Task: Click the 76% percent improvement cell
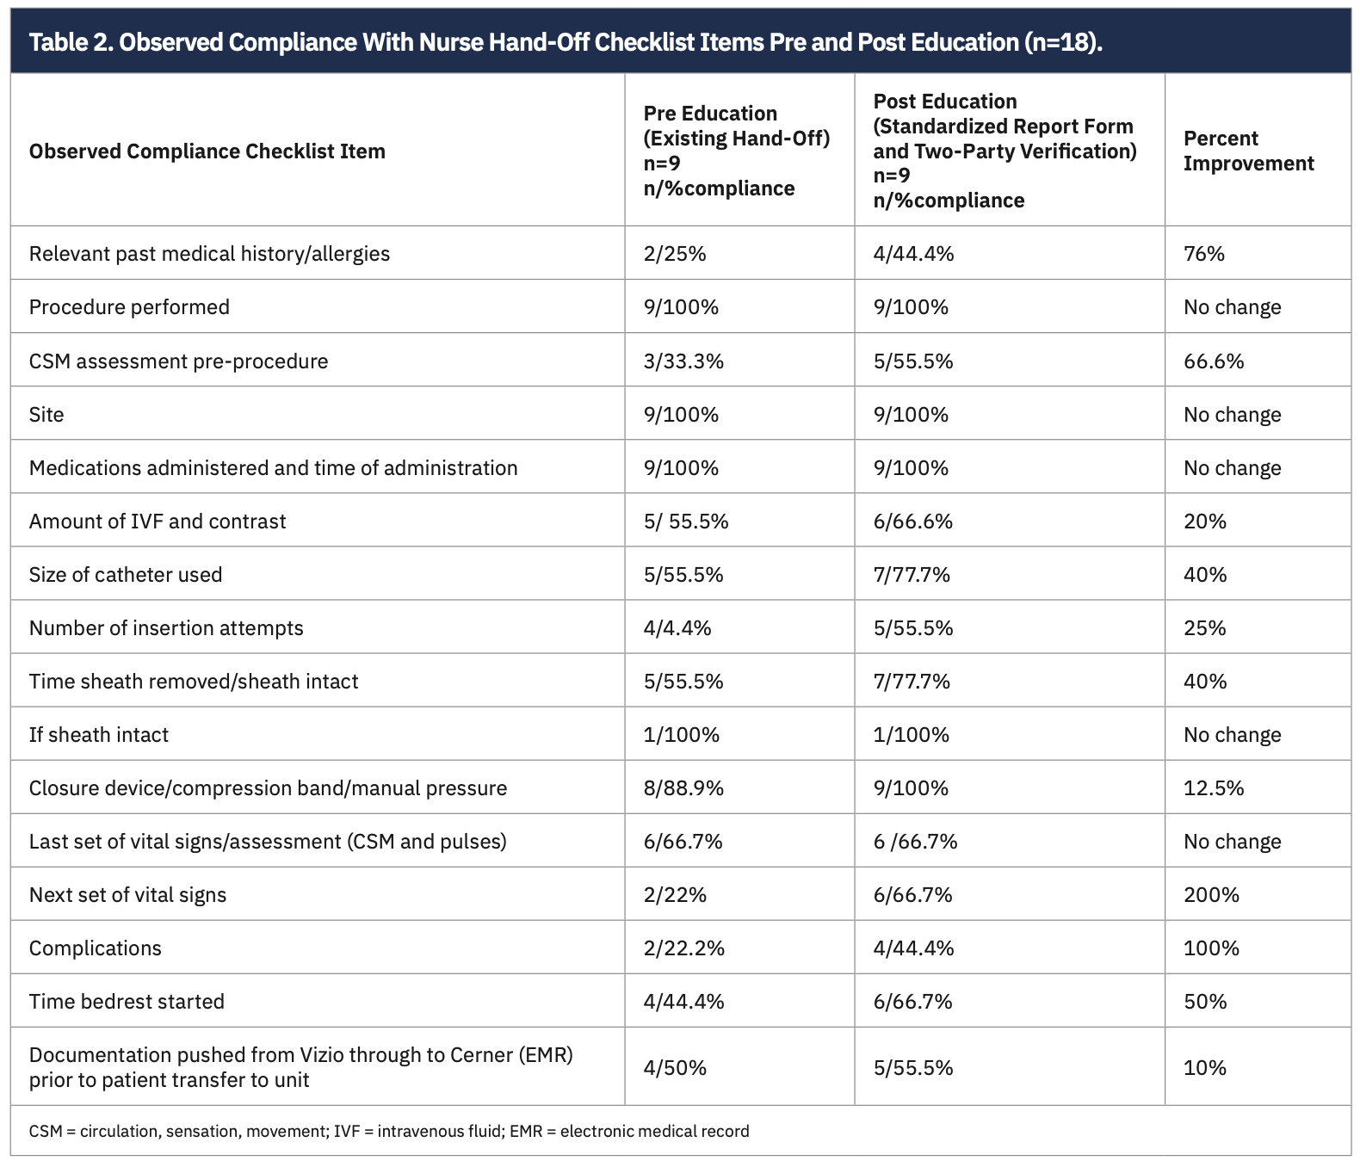1203,254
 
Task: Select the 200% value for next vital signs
1210,895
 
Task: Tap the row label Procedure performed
129,307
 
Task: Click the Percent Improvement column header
1248,151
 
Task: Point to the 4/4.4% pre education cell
677,628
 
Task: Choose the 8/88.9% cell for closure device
683,788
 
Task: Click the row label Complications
95,948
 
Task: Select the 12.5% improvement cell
1213,788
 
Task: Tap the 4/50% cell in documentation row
675,1068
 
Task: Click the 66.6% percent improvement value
1213,361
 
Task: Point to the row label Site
46,415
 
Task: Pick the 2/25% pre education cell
675,254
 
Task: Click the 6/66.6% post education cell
912,522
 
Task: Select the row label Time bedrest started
127,1002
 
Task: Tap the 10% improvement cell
1204,1068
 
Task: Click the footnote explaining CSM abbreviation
389,1131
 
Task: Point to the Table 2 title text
566,42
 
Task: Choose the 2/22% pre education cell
675,895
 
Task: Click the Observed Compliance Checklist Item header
207,151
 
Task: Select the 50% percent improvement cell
1204,1002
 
